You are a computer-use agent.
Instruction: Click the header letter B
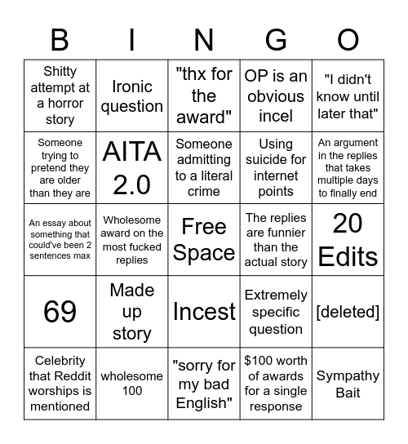60,39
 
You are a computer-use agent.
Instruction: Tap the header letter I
131,39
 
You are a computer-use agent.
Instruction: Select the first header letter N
204,39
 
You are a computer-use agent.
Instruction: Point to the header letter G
276,39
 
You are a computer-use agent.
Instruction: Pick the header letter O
348,39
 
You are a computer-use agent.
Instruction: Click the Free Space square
204,240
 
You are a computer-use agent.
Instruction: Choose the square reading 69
60,312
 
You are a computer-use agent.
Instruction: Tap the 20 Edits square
348,240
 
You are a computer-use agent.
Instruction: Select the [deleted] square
348,312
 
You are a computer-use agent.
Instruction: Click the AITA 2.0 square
131,167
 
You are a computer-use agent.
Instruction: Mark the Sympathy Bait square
348,384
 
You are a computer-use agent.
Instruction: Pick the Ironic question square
131,96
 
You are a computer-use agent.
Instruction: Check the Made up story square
131,312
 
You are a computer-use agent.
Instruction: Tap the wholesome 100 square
131,384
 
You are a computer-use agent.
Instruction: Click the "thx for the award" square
204,96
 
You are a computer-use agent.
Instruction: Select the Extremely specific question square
276,312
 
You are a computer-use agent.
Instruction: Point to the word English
204,402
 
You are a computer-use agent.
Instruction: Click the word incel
276,116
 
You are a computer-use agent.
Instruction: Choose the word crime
204,192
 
